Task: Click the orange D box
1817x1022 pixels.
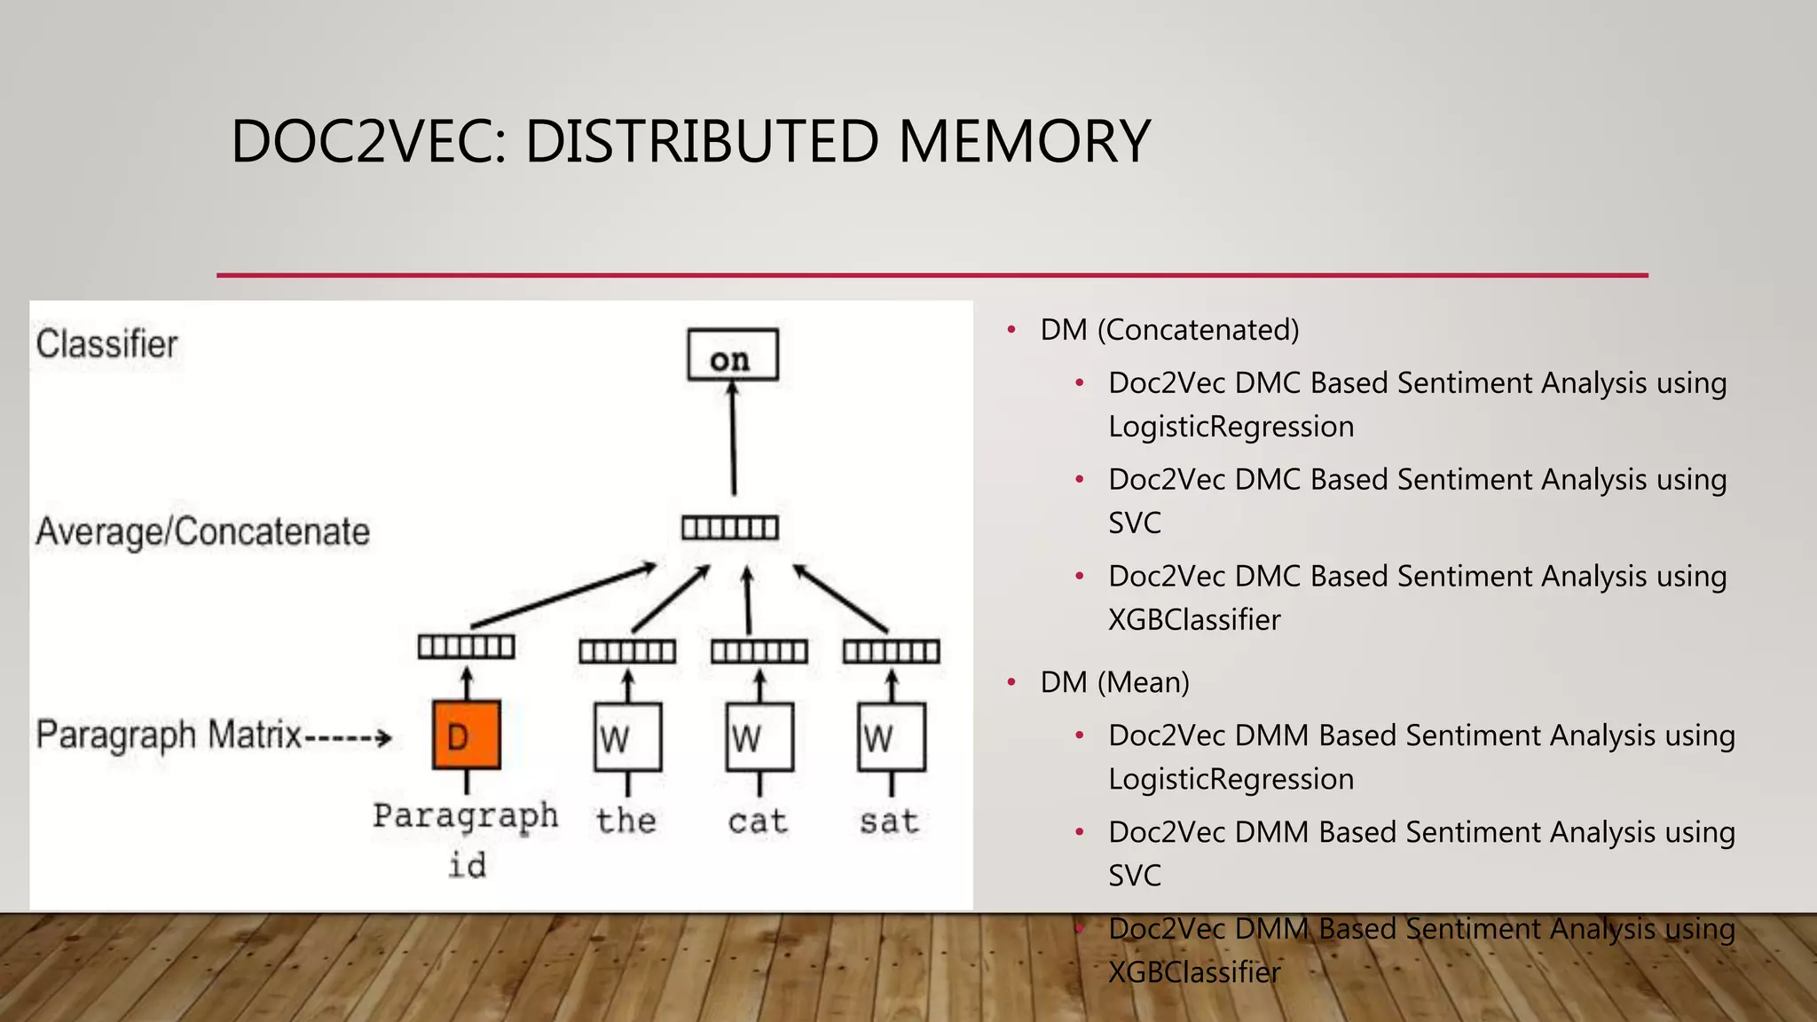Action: (x=467, y=735)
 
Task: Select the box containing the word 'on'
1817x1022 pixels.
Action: (x=733, y=356)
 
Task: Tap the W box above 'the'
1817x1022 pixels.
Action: (x=627, y=737)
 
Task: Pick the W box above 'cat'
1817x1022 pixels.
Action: (x=759, y=737)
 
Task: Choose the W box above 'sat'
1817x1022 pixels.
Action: (x=892, y=737)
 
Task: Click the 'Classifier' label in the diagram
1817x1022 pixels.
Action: (x=107, y=344)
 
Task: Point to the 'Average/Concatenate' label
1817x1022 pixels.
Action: (x=203, y=532)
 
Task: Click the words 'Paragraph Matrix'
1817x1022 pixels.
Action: (x=169, y=735)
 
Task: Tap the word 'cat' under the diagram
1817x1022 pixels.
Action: (x=758, y=822)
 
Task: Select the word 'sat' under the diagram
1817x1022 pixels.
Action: (x=889, y=822)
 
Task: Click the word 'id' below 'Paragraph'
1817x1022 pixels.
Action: (x=468, y=865)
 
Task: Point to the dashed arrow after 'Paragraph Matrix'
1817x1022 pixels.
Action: (x=348, y=737)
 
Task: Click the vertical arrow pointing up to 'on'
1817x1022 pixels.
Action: (x=733, y=439)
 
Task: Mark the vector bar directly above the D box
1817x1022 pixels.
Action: (x=467, y=647)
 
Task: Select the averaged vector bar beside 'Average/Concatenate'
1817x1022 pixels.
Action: (x=730, y=529)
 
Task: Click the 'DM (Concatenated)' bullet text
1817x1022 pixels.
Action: (x=1169, y=330)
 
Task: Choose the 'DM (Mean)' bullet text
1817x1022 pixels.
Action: (x=1114, y=682)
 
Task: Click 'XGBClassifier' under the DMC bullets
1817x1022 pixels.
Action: (x=1194, y=619)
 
